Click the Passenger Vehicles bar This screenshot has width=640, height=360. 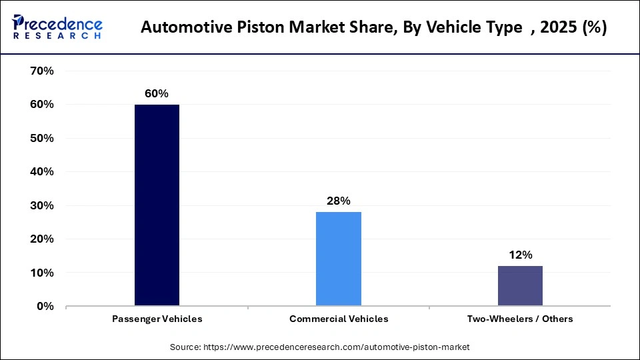coord(157,205)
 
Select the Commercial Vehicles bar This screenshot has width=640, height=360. coord(339,259)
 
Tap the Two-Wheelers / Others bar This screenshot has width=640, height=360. coord(520,286)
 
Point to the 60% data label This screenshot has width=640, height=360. coord(157,94)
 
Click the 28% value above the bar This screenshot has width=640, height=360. coord(339,201)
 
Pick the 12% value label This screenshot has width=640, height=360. coord(520,255)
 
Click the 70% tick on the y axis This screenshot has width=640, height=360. coord(41,71)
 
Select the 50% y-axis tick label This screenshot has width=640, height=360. coord(41,138)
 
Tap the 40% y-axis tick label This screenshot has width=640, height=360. coord(41,171)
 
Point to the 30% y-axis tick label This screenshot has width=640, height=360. coord(41,205)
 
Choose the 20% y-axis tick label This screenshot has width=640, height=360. coord(41,239)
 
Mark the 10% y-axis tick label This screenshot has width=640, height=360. coord(41,273)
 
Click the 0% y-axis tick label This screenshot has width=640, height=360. coord(45,306)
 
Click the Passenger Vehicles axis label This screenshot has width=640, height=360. coord(157,319)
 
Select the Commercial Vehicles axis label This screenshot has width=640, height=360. coord(339,319)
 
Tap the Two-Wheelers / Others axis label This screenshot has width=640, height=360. coord(520,319)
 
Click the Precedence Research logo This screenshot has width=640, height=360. coord(57,27)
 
